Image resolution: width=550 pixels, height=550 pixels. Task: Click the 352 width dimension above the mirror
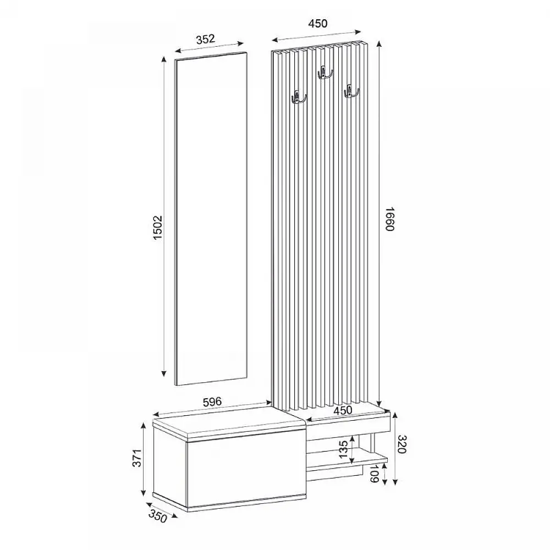click(204, 38)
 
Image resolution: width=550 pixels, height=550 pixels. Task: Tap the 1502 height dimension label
click(157, 227)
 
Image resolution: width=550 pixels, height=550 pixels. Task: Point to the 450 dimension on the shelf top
click(342, 411)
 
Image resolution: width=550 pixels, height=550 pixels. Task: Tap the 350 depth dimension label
click(158, 515)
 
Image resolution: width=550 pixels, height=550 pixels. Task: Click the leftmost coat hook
click(298, 98)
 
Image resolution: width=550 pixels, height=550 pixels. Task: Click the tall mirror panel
click(211, 220)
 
